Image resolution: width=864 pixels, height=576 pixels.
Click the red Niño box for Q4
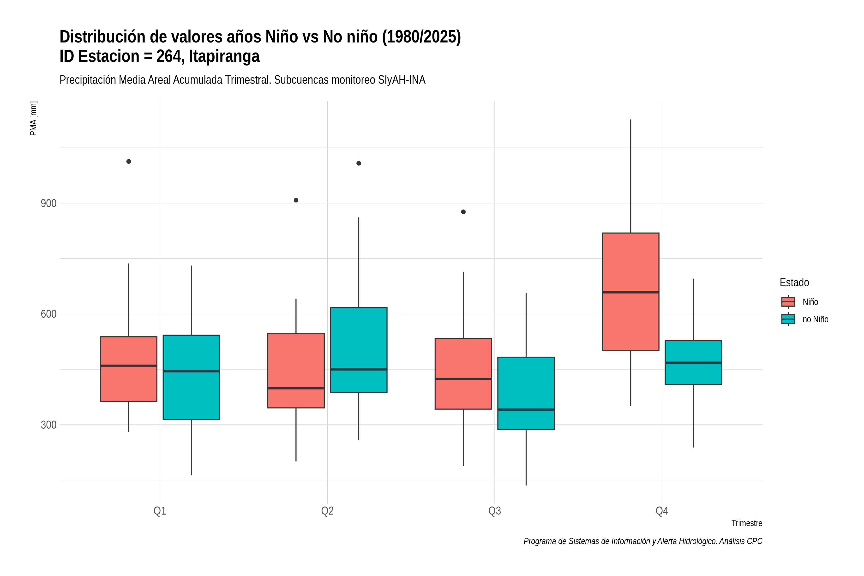(630, 292)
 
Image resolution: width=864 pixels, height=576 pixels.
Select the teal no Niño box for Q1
(191, 377)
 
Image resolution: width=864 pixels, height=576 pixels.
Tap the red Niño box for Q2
(296, 371)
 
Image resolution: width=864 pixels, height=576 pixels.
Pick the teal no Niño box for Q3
(526, 393)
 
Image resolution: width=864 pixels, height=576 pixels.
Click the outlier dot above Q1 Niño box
(129, 161)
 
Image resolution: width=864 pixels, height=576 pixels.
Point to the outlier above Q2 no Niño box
(359, 163)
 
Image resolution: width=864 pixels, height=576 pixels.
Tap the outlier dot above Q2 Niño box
(296, 200)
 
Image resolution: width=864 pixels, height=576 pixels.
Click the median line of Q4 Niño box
(630, 292)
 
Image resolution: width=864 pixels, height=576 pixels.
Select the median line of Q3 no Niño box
(526, 409)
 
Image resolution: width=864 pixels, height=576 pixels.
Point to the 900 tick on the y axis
(48, 203)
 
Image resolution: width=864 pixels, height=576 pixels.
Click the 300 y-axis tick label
(48, 425)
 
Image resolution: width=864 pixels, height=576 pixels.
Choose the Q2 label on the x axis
(327, 511)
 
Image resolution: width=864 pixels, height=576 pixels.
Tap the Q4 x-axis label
(662, 511)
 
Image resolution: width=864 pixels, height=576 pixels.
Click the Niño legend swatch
(788, 302)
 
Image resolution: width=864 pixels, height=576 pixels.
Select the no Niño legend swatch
(788, 319)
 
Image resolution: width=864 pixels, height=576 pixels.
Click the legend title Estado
(794, 282)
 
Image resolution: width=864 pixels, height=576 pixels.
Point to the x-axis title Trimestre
(747, 523)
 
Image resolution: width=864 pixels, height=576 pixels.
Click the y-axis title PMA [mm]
(33, 118)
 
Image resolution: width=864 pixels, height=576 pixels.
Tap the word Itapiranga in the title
(224, 56)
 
